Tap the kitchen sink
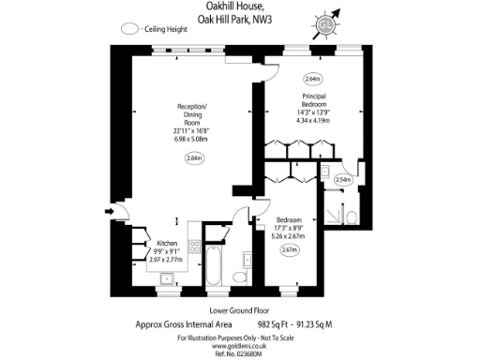[167, 277]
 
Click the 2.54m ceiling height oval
[343, 180]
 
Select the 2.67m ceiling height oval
[290, 250]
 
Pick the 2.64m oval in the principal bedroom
[313, 79]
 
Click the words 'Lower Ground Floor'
[240, 310]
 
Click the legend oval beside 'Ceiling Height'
[129, 30]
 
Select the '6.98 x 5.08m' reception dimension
[192, 139]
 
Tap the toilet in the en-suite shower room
[350, 217]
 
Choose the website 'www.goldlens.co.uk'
[240, 345]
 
